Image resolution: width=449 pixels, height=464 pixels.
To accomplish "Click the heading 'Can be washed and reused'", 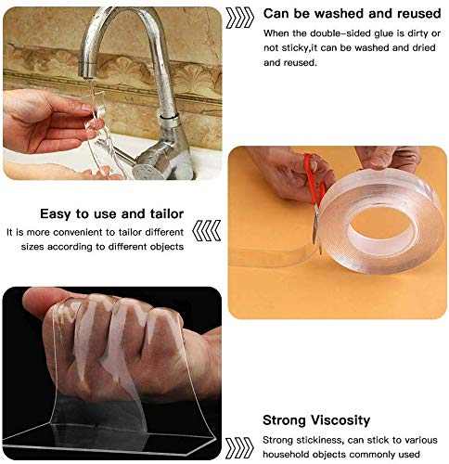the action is click(352, 14).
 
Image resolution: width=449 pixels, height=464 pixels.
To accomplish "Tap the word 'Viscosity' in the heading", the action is click(340, 420).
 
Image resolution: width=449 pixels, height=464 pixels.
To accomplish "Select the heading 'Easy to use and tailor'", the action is click(111, 213).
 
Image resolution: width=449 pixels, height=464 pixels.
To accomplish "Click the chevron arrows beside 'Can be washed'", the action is click(240, 18).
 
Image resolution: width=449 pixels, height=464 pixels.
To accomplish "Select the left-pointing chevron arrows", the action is click(207, 230).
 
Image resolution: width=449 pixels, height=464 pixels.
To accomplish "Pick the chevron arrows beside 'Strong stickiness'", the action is click(239, 447).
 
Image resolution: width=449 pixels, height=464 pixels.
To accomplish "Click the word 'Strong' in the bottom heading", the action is click(285, 420).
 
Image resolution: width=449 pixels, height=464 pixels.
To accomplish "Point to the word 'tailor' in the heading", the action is click(167, 213).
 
